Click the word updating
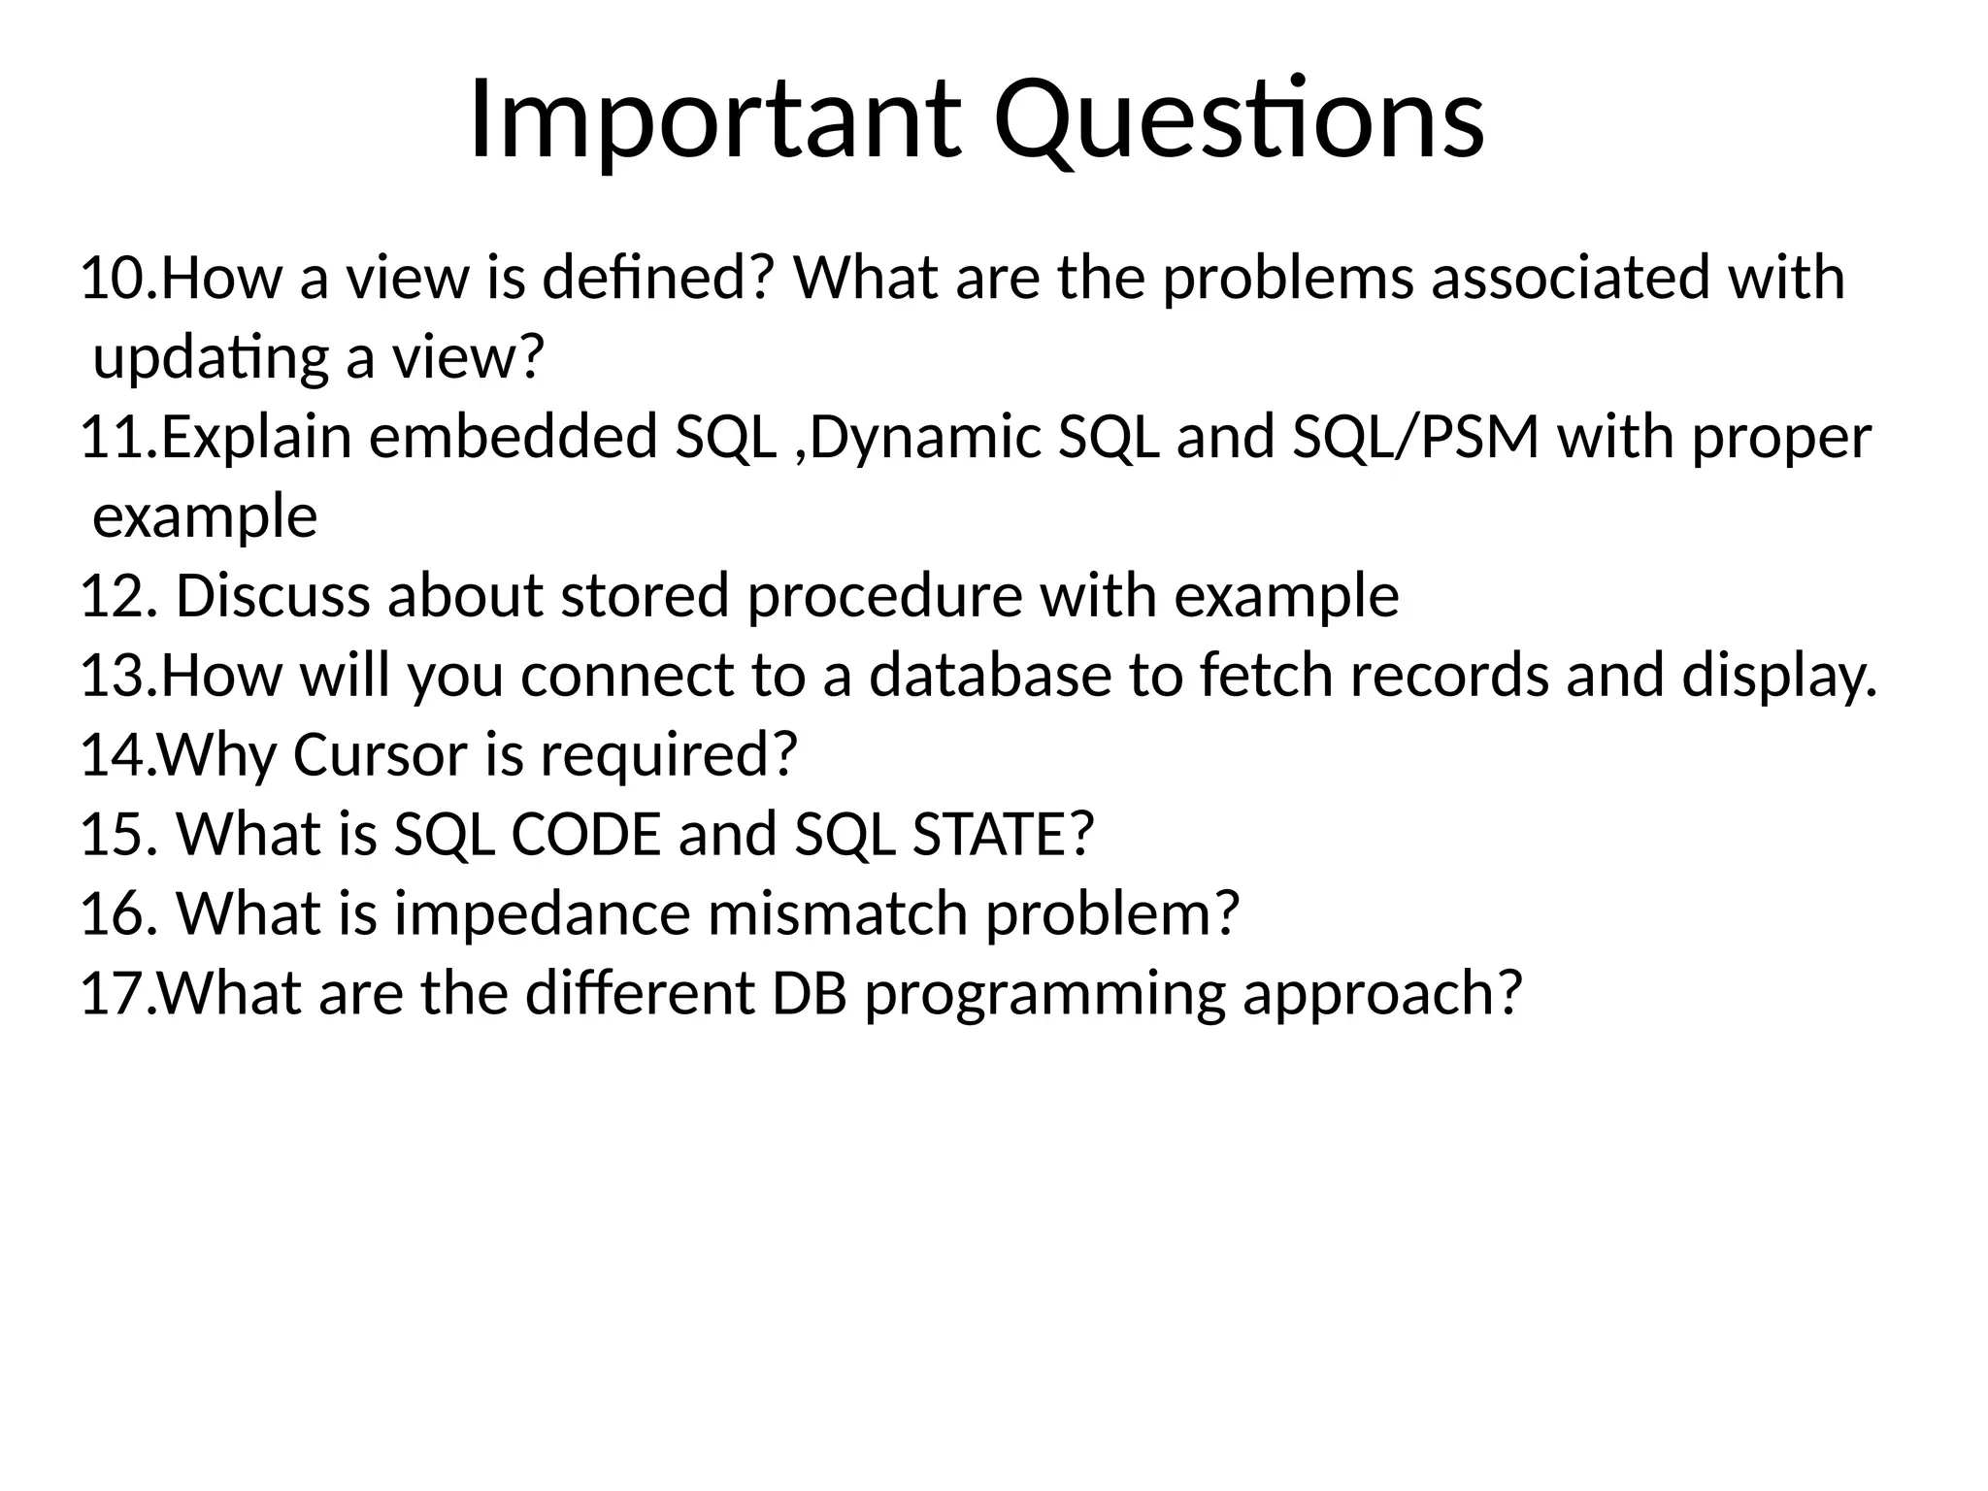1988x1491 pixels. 211,359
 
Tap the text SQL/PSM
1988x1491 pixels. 1415,438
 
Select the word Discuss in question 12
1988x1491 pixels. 273,597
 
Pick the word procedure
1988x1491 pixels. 884,597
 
